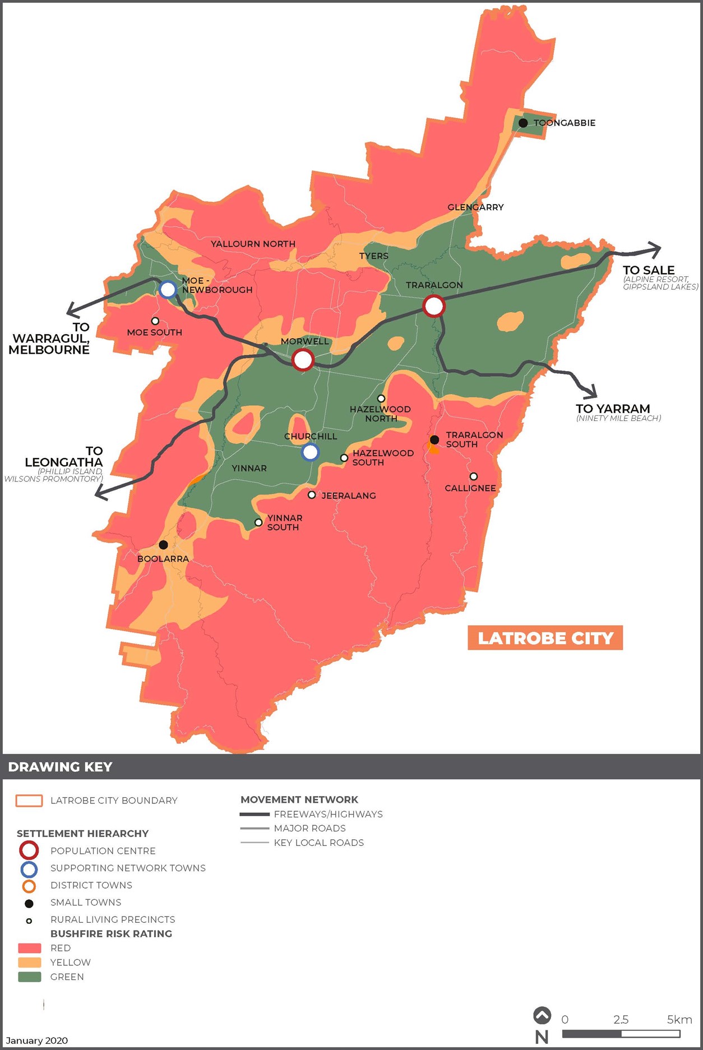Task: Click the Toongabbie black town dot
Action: [x=523, y=123]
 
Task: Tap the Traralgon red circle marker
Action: [x=433, y=306]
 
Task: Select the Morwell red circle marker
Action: [x=303, y=359]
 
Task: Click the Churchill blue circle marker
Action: [x=310, y=452]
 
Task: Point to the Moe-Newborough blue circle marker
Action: [x=168, y=289]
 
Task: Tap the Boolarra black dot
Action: [x=163, y=545]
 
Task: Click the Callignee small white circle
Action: [x=474, y=477]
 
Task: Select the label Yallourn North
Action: [x=253, y=244]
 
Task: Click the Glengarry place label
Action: [x=475, y=207]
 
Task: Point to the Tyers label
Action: [x=374, y=256]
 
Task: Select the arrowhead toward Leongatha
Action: [x=101, y=493]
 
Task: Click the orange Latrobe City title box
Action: [x=545, y=638]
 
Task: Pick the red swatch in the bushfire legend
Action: [x=30, y=948]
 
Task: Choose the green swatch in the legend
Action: [x=30, y=977]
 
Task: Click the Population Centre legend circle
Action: [x=29, y=850]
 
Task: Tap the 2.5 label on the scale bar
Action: [x=621, y=1020]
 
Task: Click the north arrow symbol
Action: [x=542, y=1016]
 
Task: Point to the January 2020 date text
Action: [x=37, y=1040]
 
